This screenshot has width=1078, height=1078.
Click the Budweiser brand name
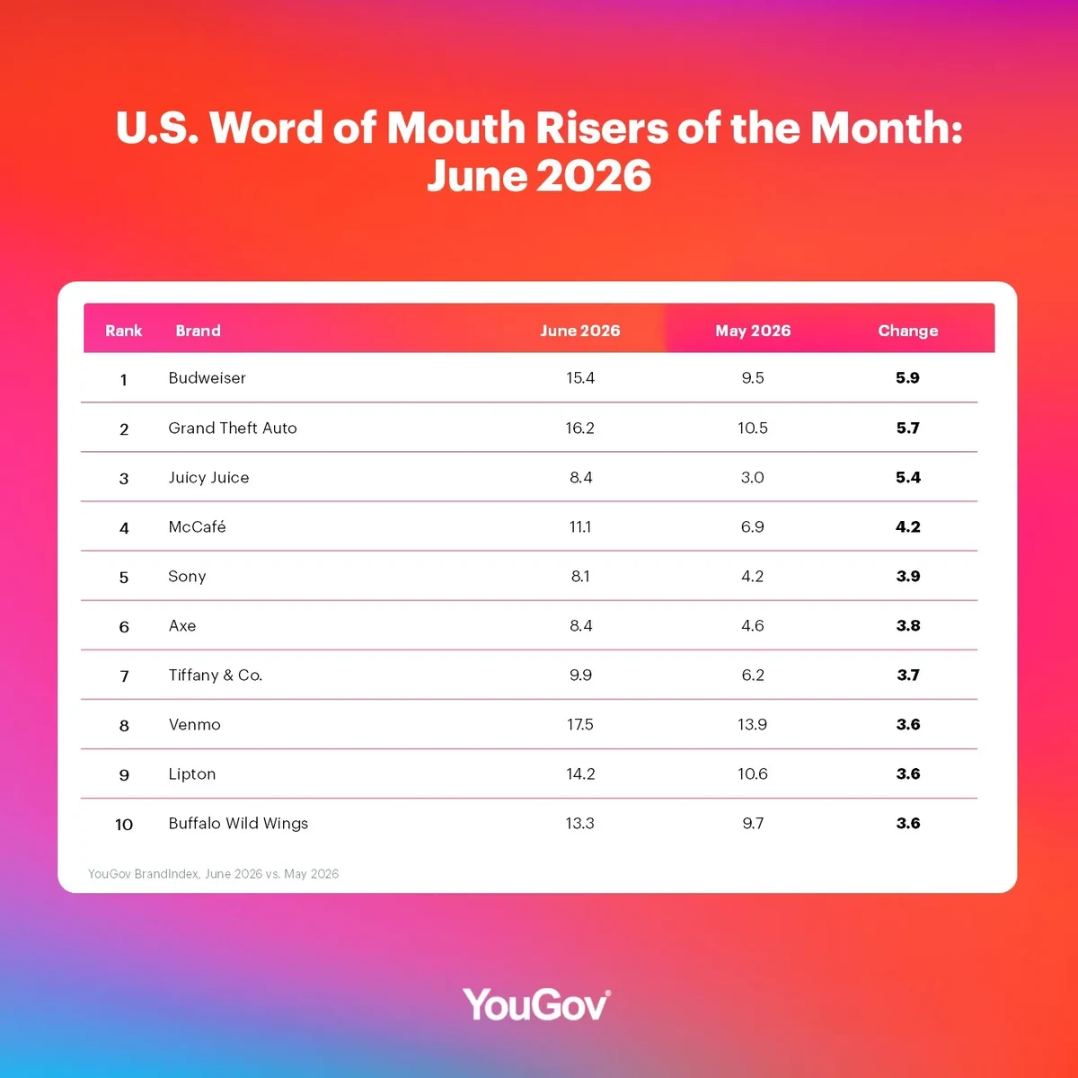(207, 377)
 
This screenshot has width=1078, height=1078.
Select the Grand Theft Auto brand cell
(233, 428)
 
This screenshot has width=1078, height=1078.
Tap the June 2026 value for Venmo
(579, 724)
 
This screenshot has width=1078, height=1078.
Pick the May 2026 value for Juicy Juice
(753, 477)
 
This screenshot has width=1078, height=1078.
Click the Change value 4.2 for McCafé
(908, 526)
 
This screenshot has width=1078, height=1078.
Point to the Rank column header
(124, 331)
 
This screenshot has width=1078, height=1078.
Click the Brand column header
(198, 331)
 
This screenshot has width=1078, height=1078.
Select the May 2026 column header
(753, 331)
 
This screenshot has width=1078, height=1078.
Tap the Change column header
(908, 331)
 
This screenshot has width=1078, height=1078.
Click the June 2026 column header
(580, 331)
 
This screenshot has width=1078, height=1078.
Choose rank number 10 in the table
(124, 824)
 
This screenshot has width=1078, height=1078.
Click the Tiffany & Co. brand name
(216, 676)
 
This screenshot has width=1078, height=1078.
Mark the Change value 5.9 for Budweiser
(907, 377)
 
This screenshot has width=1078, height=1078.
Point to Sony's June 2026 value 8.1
(580, 576)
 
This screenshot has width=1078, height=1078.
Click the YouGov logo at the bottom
(536, 1004)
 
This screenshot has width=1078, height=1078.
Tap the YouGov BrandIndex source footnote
(213, 874)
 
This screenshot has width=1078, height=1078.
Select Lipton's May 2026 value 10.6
(753, 773)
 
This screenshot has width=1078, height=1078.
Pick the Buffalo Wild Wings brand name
(238, 824)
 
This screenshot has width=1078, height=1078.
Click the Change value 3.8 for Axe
(908, 625)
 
